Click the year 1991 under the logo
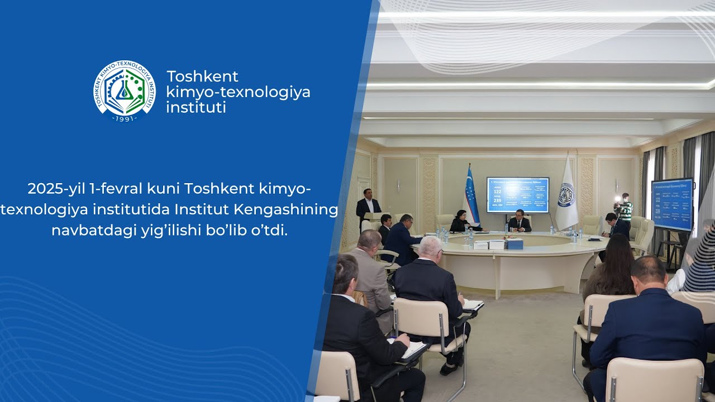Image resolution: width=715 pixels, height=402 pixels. [124, 119]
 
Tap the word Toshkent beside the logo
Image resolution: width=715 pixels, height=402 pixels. [202, 76]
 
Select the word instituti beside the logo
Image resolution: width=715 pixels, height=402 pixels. [196, 107]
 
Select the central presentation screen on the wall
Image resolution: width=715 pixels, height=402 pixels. [518, 195]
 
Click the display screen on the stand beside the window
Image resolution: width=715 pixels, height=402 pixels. [672, 204]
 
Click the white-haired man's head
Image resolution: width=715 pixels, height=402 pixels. [431, 247]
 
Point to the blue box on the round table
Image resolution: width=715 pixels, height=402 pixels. [514, 244]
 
